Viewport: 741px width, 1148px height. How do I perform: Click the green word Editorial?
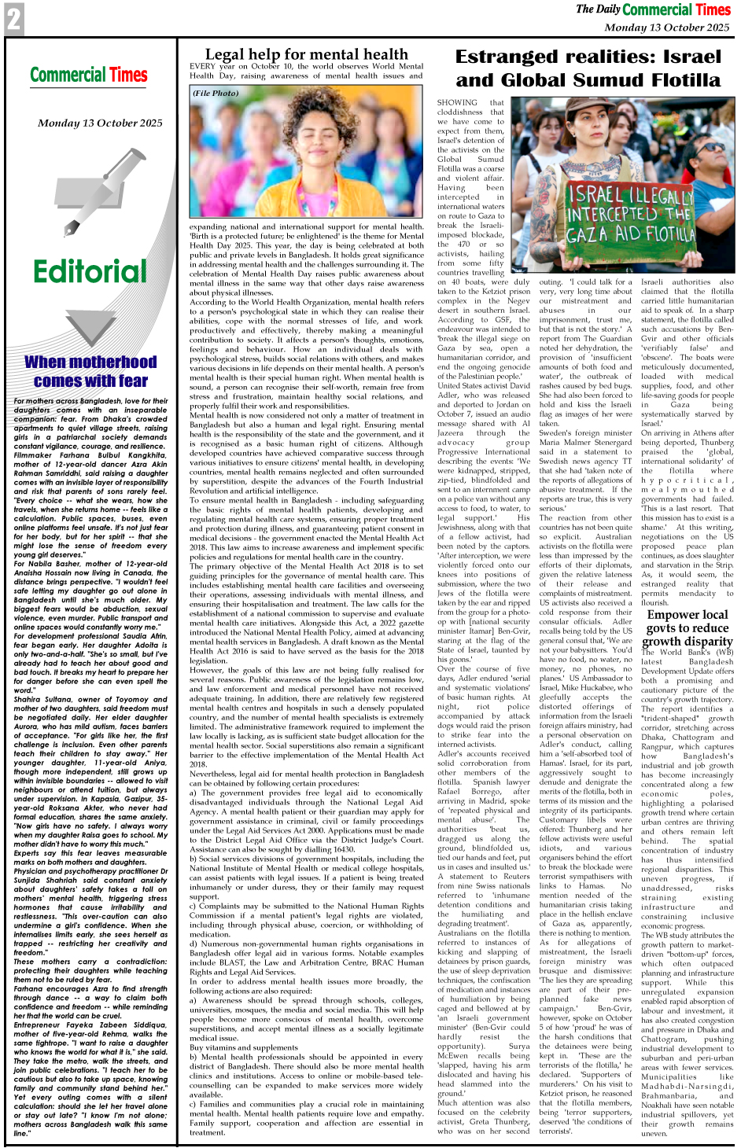[90, 272]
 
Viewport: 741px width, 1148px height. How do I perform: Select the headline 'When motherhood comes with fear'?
[90, 371]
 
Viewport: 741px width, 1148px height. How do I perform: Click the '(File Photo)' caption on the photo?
[216, 94]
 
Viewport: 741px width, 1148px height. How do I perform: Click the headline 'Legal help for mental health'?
[306, 54]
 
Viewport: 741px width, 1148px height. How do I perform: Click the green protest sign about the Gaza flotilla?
[631, 212]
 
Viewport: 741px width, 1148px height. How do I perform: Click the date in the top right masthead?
[667, 28]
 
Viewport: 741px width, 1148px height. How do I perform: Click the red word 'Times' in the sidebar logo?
[128, 75]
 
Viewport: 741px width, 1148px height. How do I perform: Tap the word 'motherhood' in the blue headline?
[112, 362]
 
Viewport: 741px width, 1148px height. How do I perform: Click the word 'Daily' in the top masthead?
[607, 9]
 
